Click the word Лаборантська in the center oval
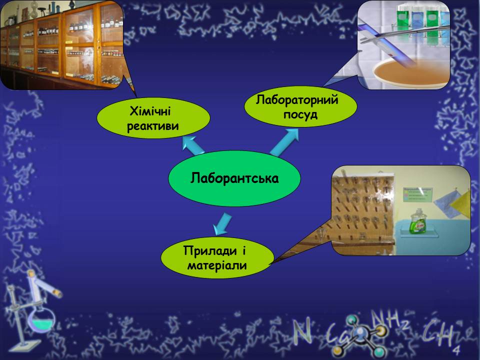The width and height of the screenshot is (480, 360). [234, 178]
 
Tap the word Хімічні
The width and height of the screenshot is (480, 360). [150, 111]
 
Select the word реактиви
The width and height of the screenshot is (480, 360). [153, 126]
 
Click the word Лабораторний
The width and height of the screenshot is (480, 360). [297, 100]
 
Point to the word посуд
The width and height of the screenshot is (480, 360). [300, 114]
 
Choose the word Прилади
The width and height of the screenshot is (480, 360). [210, 250]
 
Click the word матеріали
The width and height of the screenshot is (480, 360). [217, 265]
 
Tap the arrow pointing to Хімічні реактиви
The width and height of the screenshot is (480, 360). [193, 145]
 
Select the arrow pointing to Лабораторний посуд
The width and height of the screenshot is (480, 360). [284, 142]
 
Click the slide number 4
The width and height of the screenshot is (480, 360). [456, 349]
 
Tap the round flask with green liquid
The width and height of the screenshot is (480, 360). [40, 319]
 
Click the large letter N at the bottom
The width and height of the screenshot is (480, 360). [302, 331]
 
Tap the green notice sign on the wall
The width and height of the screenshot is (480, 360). [417, 194]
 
